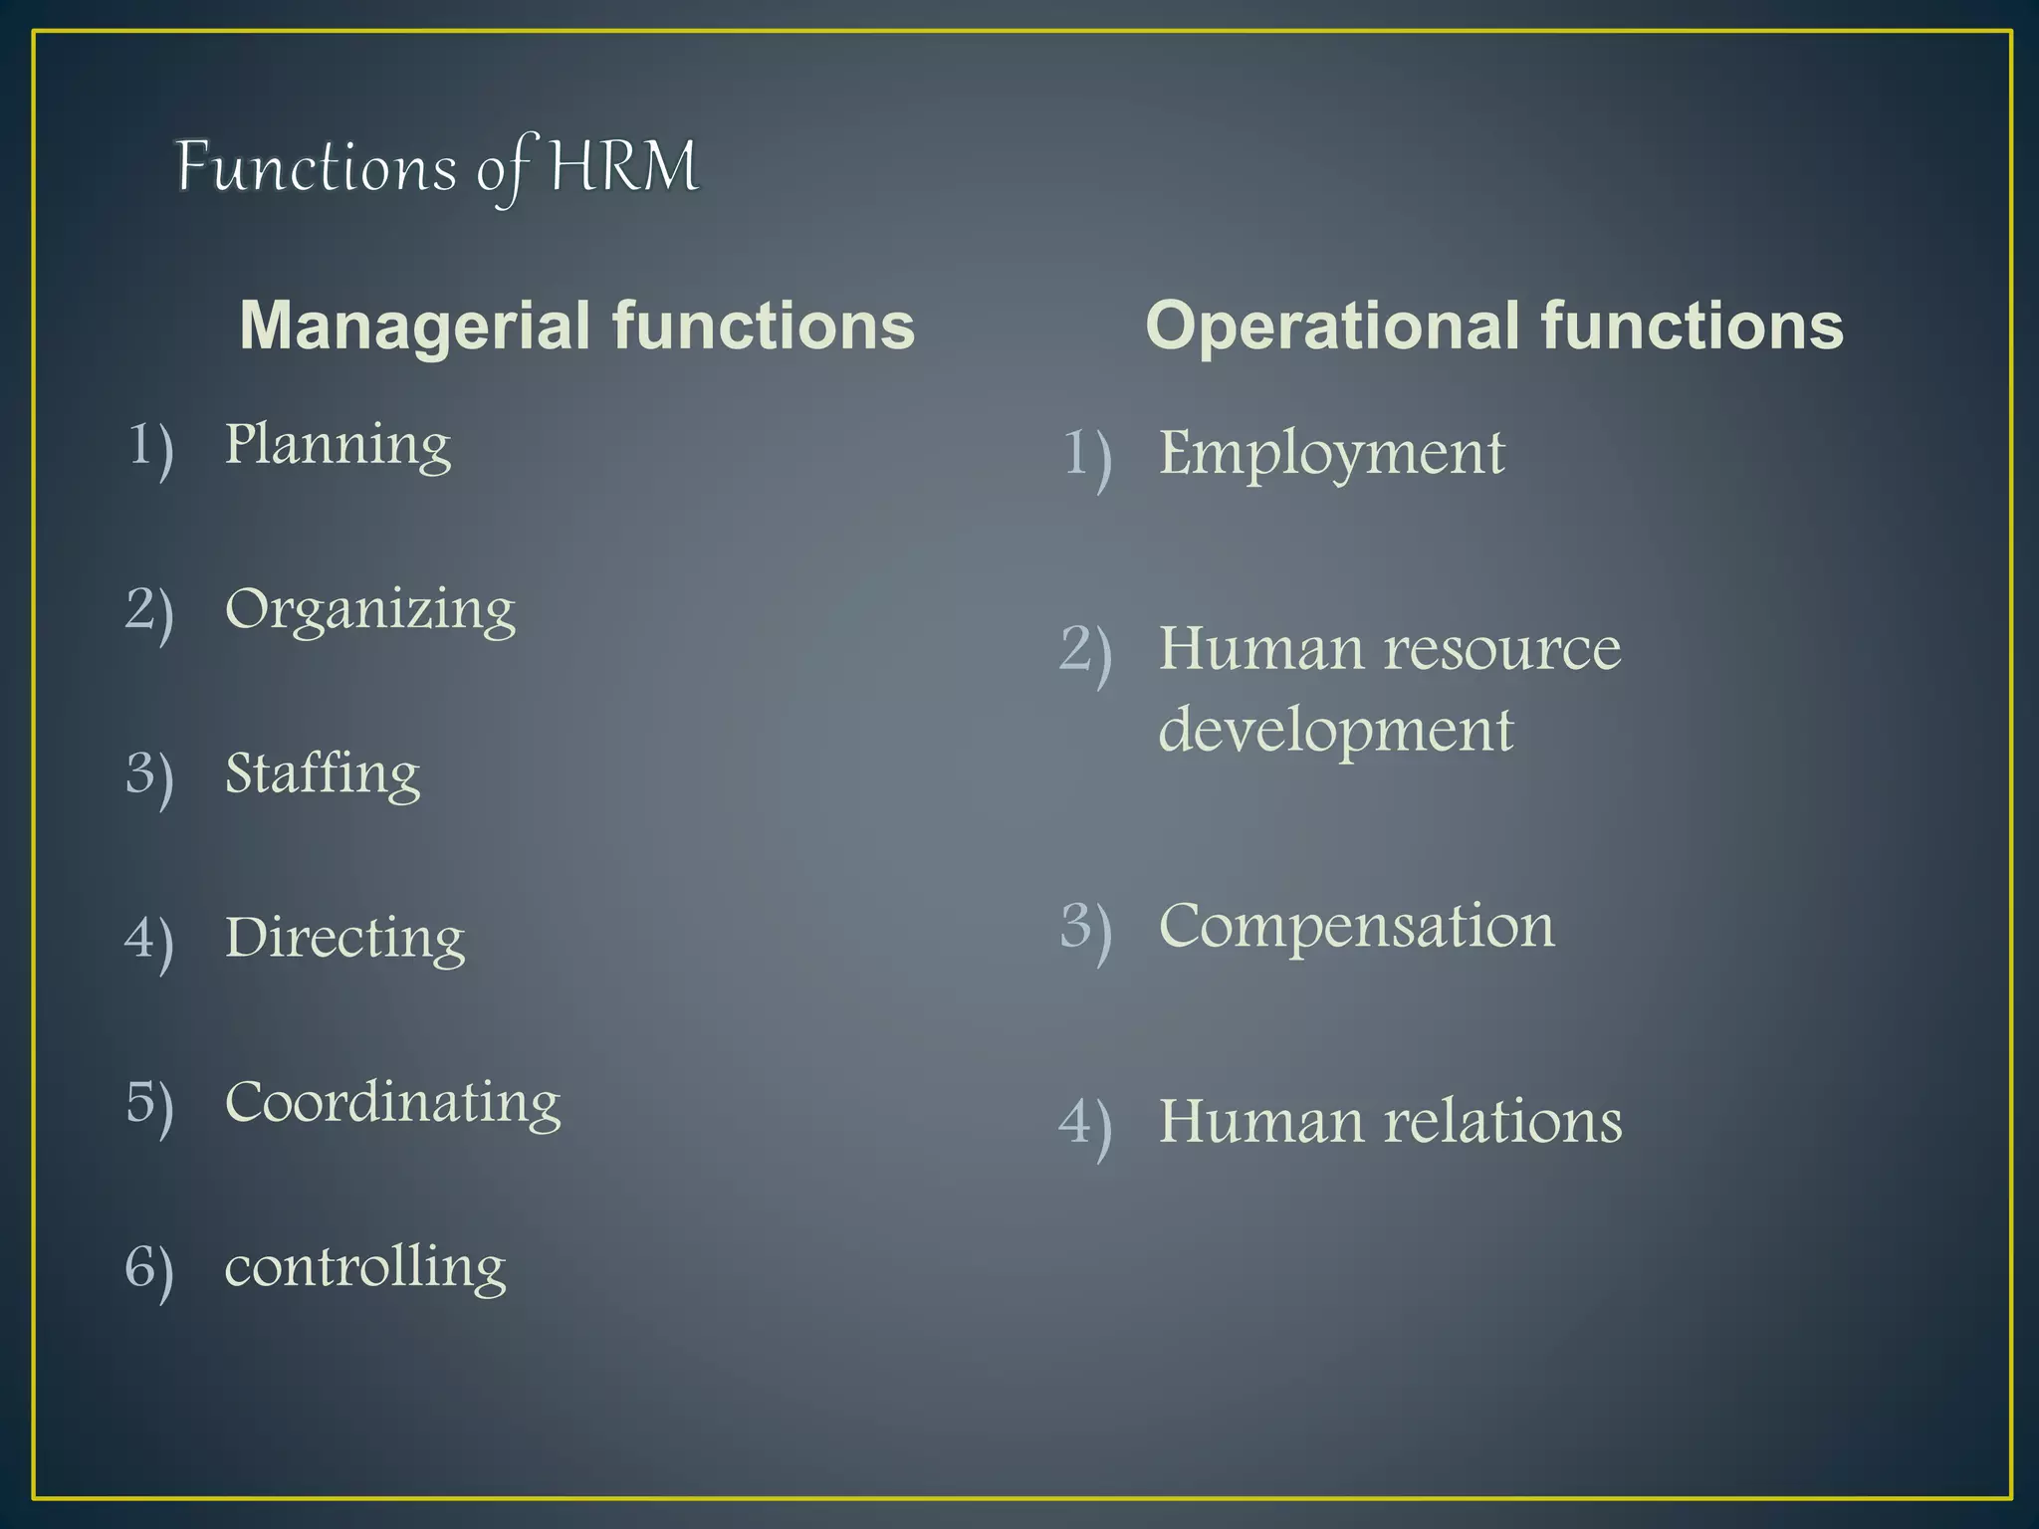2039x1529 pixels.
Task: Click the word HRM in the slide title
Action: click(x=624, y=167)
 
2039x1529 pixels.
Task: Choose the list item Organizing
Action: click(x=370, y=609)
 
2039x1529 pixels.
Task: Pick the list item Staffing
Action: click(x=323, y=773)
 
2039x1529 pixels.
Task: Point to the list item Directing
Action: click(x=344, y=938)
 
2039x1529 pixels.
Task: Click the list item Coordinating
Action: click(x=393, y=1102)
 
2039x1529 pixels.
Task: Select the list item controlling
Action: click(x=365, y=1266)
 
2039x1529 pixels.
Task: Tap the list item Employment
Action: click(x=1332, y=454)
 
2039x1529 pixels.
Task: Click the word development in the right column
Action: click(x=1336, y=730)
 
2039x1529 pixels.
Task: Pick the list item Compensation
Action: click(x=1357, y=926)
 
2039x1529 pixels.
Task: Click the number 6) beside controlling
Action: click(x=149, y=1269)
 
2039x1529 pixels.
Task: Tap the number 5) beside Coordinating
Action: click(x=150, y=1104)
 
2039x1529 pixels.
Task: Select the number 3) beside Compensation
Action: click(x=1085, y=928)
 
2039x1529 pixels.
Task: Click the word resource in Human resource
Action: click(x=1503, y=649)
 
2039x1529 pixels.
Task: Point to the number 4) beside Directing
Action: click(x=149, y=940)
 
